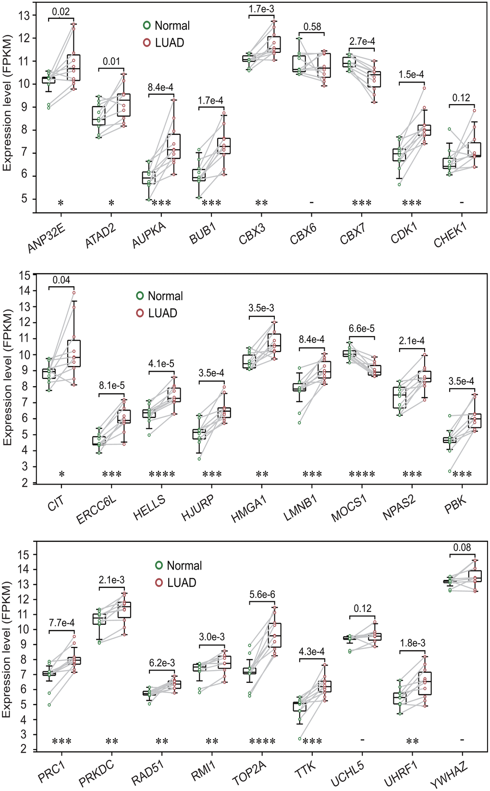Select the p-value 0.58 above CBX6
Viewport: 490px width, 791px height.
click(312, 27)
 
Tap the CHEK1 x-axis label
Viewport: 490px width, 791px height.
click(451, 235)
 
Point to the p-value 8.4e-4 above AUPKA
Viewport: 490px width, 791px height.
click(160, 87)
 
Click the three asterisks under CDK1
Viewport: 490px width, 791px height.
click(412, 203)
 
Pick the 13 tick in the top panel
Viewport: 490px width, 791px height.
click(24, 15)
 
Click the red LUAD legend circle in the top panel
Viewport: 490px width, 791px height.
click(147, 43)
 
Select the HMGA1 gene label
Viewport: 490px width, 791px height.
click(249, 509)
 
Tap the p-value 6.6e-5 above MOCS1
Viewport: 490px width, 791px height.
click(362, 329)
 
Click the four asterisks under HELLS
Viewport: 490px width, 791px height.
click(162, 475)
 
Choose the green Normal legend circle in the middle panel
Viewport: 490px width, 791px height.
click(140, 296)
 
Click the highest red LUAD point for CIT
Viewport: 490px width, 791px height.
click(74, 292)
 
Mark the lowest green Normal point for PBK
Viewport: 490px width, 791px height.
click(449, 471)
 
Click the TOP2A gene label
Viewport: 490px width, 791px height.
click(249, 774)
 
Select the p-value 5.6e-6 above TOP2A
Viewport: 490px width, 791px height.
click(262, 595)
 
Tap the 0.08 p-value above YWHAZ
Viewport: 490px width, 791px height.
click(462, 548)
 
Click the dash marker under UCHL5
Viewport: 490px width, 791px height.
click(362, 740)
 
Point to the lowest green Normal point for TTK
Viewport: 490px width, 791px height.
click(300, 739)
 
